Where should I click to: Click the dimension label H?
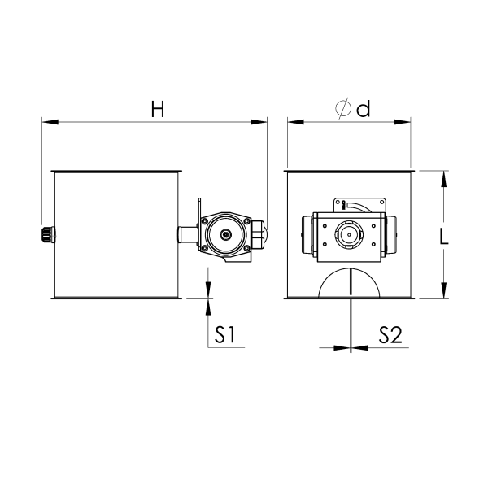pos(158,109)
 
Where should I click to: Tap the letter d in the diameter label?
pos(364,109)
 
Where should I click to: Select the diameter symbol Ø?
pos(342,108)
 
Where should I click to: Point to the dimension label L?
pos(444,236)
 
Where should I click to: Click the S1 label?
pos(225,335)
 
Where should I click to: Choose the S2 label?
pos(390,335)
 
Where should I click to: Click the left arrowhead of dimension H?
pos(50,122)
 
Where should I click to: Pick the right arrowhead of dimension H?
pos(259,122)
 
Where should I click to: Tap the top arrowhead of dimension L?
pos(444,179)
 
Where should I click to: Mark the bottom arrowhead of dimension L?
pos(444,290)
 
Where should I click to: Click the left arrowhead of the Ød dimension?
pos(296,122)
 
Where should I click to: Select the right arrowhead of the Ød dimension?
pos(403,122)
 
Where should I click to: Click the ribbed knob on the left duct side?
pos(49,234)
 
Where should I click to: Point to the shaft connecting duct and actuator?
pos(188,235)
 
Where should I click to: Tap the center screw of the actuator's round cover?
pos(224,235)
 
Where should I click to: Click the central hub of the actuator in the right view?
pos(349,235)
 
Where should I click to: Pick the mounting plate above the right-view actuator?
pos(359,206)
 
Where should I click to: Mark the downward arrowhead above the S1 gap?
pos(208,290)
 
